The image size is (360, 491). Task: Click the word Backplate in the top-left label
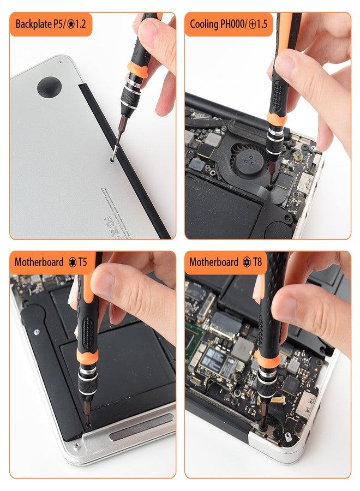click(34, 25)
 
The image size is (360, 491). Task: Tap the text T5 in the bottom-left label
click(82, 262)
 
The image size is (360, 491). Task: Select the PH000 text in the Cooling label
click(234, 25)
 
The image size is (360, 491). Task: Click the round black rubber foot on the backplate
click(49, 86)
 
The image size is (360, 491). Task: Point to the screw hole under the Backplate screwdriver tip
click(112, 159)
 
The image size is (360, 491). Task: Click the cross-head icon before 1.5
click(253, 25)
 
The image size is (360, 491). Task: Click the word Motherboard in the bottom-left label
click(39, 262)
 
